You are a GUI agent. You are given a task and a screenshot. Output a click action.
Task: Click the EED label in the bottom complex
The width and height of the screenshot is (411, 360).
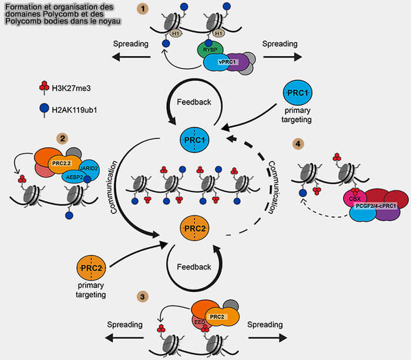click(x=200, y=322)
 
